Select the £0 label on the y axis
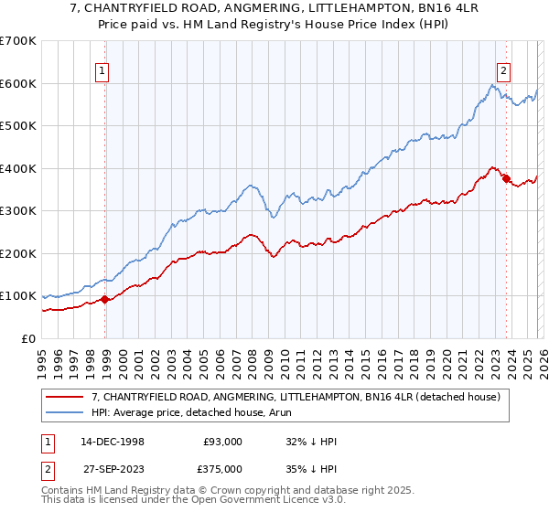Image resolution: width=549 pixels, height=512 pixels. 29,338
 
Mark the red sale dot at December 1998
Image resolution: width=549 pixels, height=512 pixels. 105,299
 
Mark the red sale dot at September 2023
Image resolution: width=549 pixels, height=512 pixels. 506,179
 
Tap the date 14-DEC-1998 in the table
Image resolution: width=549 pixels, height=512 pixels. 113,442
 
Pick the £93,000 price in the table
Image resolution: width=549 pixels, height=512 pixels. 223,442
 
